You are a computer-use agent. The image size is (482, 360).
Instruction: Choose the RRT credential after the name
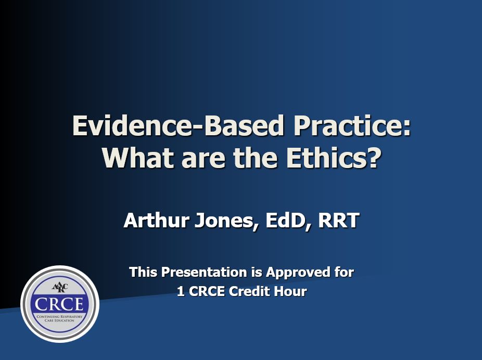tap(338, 221)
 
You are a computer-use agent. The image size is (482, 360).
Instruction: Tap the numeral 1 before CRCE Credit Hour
tap(181, 292)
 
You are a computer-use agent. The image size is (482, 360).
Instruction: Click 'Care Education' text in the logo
tap(60, 322)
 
